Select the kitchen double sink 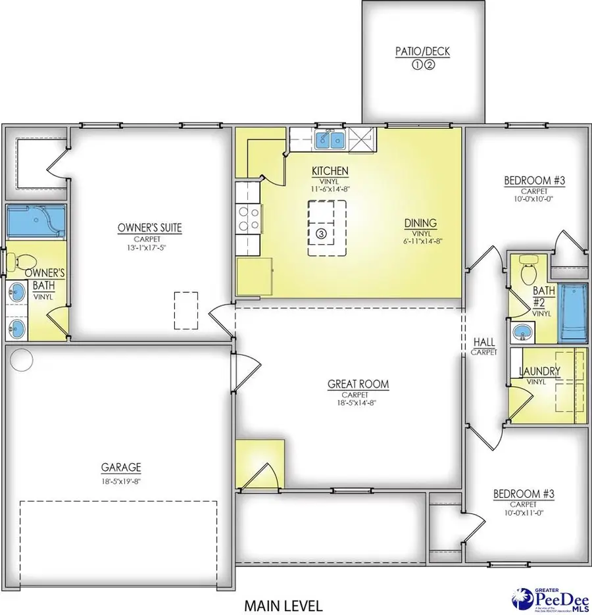coord(331,139)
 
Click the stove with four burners coord(248,218)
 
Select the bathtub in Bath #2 coord(570,310)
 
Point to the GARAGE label coord(120,468)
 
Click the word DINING coord(420,223)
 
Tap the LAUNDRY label coord(539,372)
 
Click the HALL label coord(484,343)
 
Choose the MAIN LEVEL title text coord(284,603)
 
